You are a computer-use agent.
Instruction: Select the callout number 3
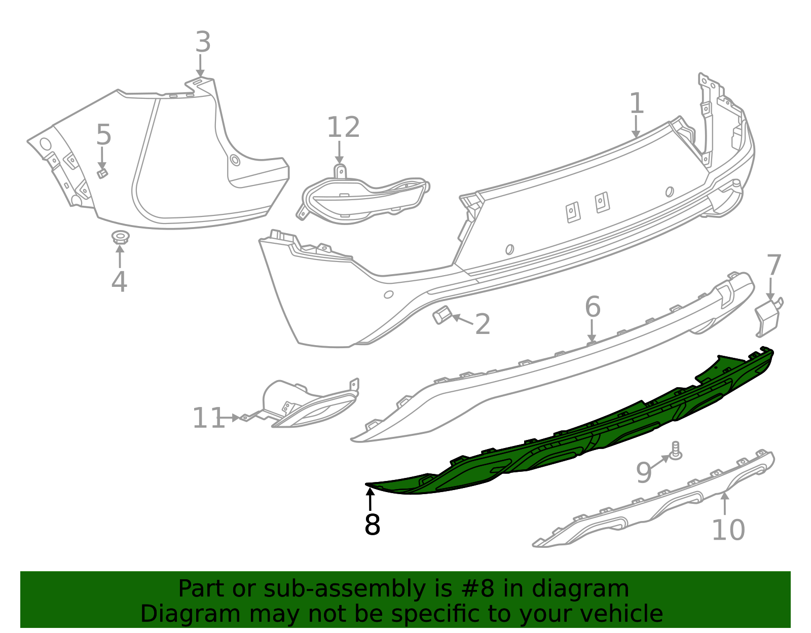click(x=203, y=42)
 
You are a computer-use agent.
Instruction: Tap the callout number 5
click(x=103, y=135)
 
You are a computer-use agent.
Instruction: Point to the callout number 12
click(x=343, y=127)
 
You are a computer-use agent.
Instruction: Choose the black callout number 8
click(x=372, y=525)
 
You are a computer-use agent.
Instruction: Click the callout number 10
click(x=728, y=530)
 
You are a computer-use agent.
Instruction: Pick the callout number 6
click(x=593, y=307)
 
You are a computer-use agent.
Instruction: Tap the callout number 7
click(x=773, y=265)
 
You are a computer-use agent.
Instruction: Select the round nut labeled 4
click(x=120, y=237)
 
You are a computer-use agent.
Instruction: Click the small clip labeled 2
click(x=441, y=315)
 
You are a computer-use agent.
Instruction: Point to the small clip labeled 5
click(x=102, y=173)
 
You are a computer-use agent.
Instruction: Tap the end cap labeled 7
click(x=767, y=318)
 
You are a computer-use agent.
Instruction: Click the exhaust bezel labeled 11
click(x=304, y=405)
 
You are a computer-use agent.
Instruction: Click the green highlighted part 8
click(x=583, y=431)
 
